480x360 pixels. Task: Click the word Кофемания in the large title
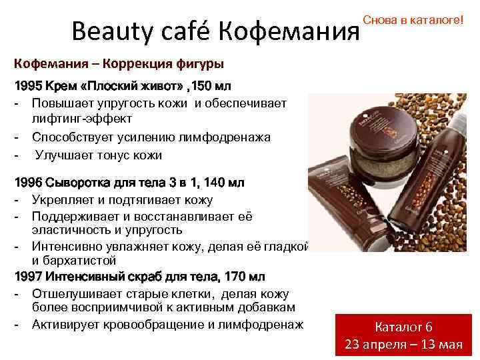(287, 31)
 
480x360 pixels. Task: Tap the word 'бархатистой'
(73, 261)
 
